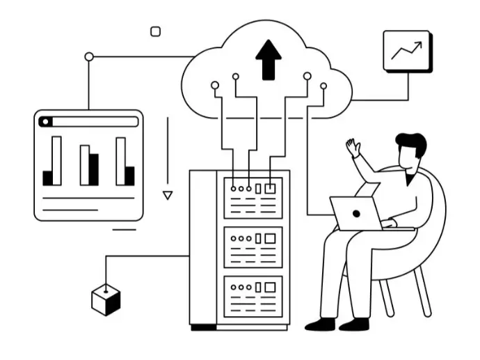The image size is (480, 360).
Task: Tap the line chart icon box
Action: pos(407,50)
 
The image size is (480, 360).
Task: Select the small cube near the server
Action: pos(106,300)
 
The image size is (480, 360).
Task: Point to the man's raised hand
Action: pos(354,147)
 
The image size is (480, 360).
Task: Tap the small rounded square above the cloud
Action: pos(156,31)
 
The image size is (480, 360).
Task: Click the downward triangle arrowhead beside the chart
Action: pos(167,196)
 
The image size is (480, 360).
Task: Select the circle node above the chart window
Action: pos(88,56)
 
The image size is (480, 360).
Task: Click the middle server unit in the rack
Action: pos(253,246)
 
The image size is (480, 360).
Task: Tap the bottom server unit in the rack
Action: pos(253,296)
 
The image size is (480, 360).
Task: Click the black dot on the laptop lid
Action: pos(356,213)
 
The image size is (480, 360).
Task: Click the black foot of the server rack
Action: pos(203,327)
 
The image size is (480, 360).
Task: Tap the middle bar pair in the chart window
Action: pos(89,165)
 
